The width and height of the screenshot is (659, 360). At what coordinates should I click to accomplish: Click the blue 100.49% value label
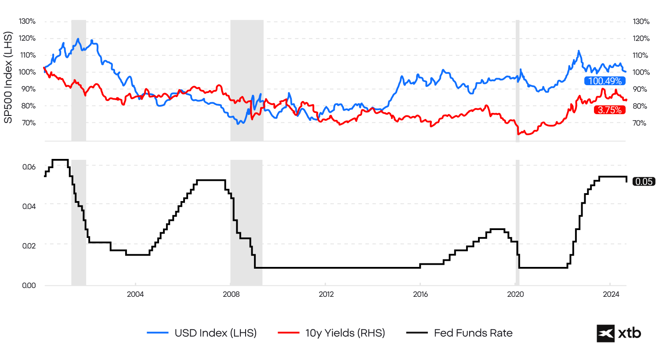[x=605, y=81]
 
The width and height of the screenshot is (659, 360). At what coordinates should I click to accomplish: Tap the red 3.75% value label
[x=609, y=110]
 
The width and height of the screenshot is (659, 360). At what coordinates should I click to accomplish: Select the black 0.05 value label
[x=644, y=181]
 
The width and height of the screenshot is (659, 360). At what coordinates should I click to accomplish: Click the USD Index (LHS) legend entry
[x=202, y=333]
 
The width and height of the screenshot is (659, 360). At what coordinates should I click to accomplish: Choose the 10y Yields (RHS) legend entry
[x=332, y=333]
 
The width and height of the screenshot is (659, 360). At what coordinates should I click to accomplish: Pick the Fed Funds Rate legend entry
[x=460, y=333]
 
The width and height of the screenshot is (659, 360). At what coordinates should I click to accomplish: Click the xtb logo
[x=619, y=333]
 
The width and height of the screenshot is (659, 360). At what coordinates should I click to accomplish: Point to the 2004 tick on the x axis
[x=135, y=294]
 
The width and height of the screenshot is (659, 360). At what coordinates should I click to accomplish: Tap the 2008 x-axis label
[x=231, y=294]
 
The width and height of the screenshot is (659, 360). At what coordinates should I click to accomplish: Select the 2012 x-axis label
[x=326, y=294]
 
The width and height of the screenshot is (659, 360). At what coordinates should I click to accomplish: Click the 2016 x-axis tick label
[x=420, y=294]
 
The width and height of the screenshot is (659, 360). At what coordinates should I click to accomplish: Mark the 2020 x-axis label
[x=515, y=294]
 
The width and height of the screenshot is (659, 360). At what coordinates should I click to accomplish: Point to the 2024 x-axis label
[x=611, y=294]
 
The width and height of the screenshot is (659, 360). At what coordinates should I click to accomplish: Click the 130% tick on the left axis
[x=27, y=22]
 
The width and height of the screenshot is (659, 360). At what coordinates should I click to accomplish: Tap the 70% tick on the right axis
[x=639, y=123]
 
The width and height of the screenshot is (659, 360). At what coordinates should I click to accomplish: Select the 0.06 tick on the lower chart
[x=29, y=167]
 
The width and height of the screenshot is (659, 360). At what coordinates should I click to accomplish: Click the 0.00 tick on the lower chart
[x=29, y=285]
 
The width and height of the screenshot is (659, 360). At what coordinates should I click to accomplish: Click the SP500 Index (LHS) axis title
[x=8, y=77]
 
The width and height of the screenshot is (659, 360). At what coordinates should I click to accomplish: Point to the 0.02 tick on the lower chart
[x=29, y=245]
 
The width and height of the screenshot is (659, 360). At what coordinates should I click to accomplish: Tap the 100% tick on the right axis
[x=641, y=72]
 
